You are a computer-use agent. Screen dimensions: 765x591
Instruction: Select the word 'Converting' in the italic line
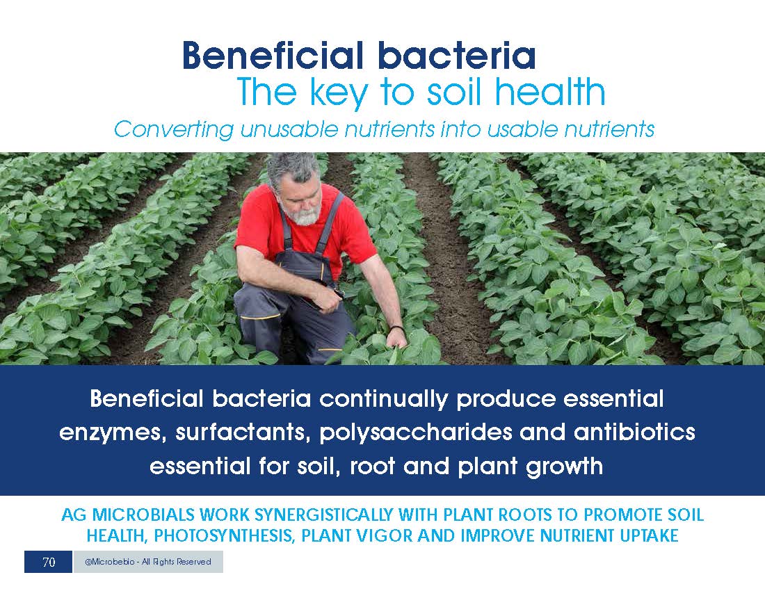tap(174, 130)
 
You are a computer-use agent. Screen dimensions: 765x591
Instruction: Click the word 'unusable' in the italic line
tap(289, 130)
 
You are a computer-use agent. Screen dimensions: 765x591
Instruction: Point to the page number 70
tap(49, 562)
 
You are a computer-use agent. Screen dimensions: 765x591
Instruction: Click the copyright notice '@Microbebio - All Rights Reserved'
tap(148, 562)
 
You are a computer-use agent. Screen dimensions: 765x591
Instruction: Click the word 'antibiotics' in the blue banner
tap(634, 432)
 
